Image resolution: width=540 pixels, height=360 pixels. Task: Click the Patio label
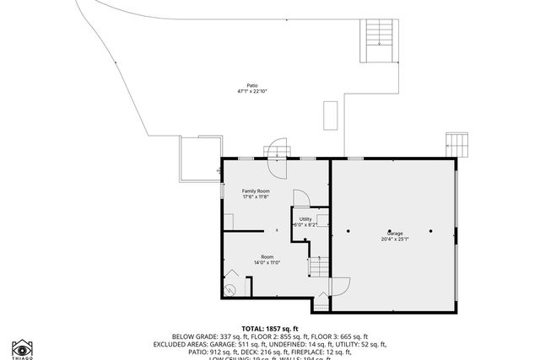252,85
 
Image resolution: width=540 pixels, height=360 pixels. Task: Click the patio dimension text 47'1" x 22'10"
252,91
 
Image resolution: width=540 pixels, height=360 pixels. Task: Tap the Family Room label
256,191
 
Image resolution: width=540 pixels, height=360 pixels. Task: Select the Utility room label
305,219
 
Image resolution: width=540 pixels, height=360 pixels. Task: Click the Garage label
395,233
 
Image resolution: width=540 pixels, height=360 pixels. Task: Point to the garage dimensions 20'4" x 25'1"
395,239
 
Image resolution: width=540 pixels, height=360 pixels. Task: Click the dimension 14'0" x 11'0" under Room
267,262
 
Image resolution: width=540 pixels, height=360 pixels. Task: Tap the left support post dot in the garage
348,231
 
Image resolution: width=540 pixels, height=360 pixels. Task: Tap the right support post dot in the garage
429,231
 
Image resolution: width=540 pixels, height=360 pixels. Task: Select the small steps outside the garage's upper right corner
456,143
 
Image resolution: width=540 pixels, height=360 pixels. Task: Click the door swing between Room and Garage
337,286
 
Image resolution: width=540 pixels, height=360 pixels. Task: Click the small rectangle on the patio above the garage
331,116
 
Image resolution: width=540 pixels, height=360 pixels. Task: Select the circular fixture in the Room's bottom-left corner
229,288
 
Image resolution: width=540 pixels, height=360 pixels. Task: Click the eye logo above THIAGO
22,347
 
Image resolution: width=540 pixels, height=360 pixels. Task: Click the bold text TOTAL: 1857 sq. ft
270,328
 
